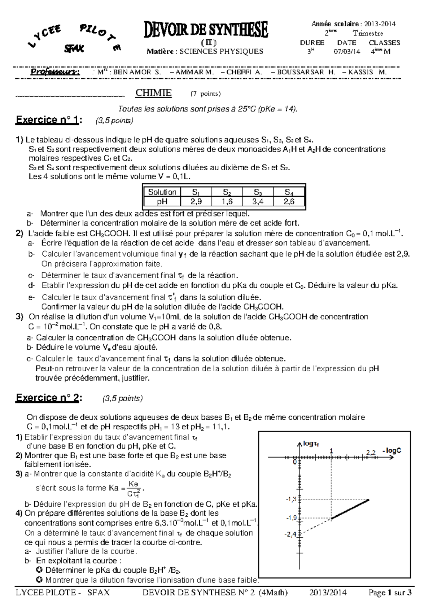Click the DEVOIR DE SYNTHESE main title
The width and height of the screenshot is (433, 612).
(206, 30)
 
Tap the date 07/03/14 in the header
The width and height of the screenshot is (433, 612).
(347, 52)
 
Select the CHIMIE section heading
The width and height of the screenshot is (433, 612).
(153, 93)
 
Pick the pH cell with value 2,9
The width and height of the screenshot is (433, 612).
(196, 202)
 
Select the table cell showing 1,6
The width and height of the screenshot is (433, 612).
(227, 202)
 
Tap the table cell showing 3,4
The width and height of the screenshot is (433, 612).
(258, 202)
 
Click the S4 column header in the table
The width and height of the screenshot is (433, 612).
(289, 192)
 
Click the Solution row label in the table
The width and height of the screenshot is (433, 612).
(162, 192)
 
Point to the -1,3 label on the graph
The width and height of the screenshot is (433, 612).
(291, 499)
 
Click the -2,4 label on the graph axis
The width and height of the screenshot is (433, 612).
(291, 534)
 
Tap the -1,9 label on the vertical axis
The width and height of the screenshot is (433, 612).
(291, 518)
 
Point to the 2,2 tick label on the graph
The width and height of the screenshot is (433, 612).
(371, 452)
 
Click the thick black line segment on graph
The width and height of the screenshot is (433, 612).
(350, 509)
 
